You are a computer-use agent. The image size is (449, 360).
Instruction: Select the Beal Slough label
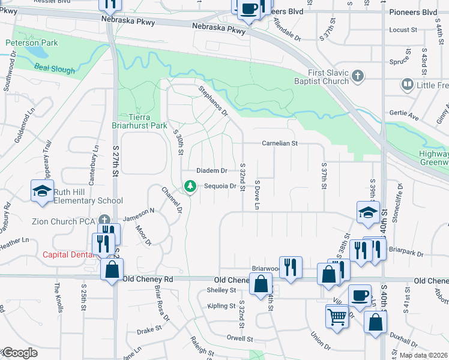point(55,70)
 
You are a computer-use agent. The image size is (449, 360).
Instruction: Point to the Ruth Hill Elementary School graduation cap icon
point(42,192)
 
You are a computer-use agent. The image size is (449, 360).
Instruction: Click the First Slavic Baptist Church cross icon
point(358,76)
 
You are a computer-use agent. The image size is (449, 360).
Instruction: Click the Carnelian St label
point(280,143)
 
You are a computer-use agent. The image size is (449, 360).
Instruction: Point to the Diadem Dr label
point(212,171)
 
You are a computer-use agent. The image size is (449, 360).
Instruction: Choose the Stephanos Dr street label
point(214,101)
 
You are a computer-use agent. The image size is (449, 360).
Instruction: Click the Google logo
point(20,353)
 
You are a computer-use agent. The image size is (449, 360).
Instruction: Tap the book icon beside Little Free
point(408,85)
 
